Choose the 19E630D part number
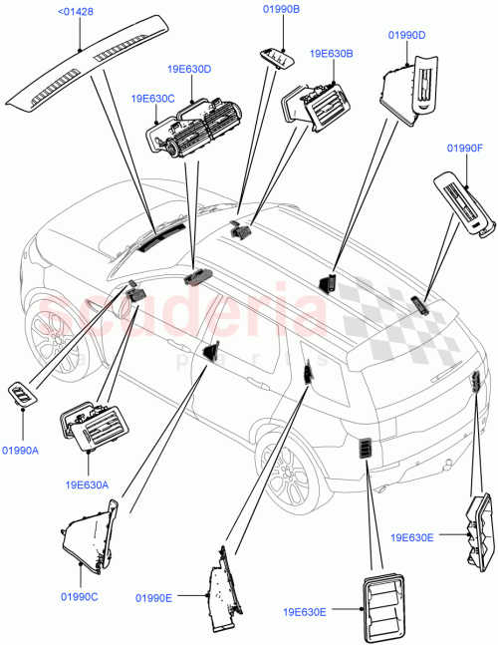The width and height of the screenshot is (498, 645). tap(191, 69)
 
